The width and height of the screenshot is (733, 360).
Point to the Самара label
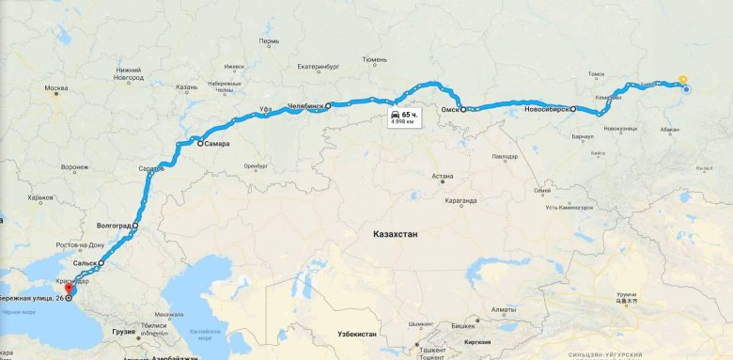coord(218,144)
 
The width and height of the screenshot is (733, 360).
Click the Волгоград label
coord(114,227)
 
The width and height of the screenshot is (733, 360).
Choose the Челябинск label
coord(306,106)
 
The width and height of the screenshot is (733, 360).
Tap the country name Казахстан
coord(395,233)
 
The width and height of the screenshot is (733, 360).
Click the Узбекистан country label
coord(357,335)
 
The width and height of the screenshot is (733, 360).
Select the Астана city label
coord(442,176)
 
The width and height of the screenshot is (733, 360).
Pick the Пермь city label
coord(269,41)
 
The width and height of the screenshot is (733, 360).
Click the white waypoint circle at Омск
coord(463,110)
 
